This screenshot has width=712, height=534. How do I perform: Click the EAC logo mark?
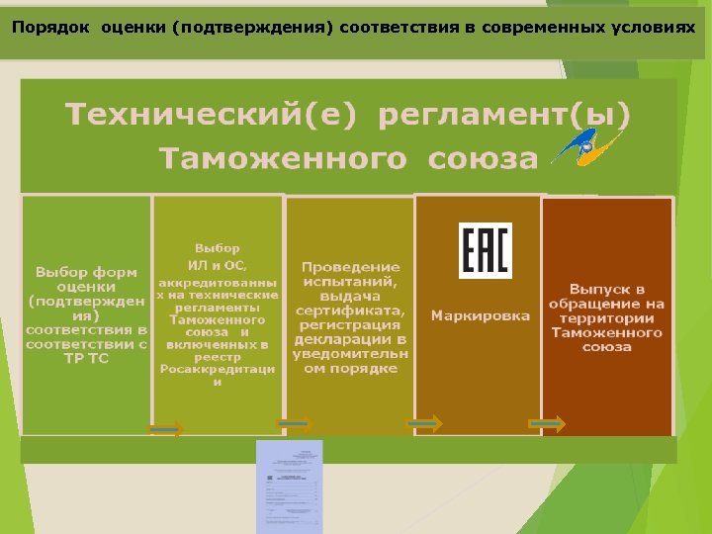pyautogui.click(x=485, y=250)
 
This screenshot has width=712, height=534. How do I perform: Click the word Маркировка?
pyautogui.click(x=480, y=316)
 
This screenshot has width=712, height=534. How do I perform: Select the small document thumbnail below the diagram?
pyautogui.click(x=290, y=486)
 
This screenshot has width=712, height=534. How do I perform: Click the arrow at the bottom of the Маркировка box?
pyautogui.click(x=425, y=423)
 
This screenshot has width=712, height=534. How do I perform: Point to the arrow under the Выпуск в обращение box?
pyautogui.click(x=547, y=424)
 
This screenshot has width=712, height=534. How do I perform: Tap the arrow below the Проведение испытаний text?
pyautogui.click(x=295, y=424)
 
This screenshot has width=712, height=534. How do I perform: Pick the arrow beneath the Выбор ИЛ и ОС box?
pyautogui.click(x=165, y=429)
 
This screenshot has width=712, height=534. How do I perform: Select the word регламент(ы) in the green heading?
pyautogui.click(x=504, y=115)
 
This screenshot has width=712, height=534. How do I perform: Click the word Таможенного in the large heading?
pyautogui.click(x=284, y=159)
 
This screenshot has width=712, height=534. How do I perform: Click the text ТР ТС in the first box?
pyautogui.click(x=86, y=358)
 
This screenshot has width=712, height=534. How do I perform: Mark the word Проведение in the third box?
pyautogui.click(x=351, y=267)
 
